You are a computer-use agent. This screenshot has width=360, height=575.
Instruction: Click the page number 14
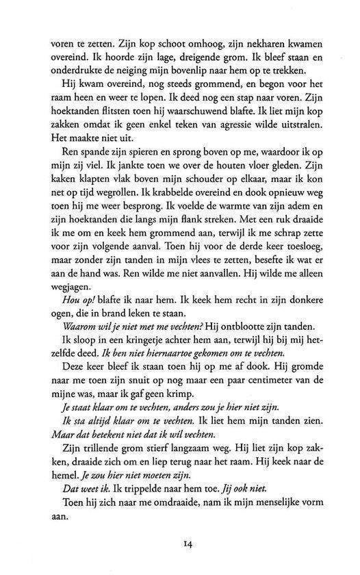pos(186,546)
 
